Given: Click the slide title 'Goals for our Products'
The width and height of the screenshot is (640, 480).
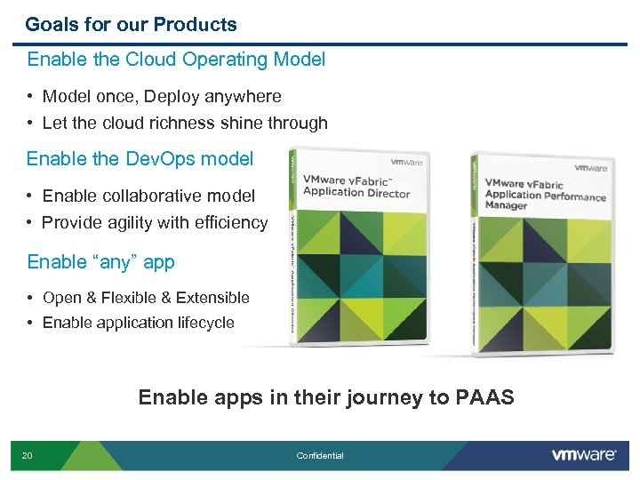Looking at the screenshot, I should (x=131, y=24).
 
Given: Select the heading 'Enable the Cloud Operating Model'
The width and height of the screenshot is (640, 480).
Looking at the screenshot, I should (x=176, y=60).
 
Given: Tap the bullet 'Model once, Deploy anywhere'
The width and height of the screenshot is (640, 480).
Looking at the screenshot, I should (x=162, y=96).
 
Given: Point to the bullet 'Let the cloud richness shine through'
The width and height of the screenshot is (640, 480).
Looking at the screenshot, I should (x=185, y=123).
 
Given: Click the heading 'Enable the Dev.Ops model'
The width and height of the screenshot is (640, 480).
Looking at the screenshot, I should (x=140, y=159).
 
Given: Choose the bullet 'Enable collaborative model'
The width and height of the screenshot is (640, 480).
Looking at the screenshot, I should (x=148, y=196).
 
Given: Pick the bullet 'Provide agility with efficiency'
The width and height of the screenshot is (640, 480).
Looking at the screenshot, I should (x=155, y=222).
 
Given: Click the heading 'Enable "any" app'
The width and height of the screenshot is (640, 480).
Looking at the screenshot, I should (x=100, y=262).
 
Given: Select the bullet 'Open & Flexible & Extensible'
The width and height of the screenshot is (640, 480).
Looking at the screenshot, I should (x=146, y=298).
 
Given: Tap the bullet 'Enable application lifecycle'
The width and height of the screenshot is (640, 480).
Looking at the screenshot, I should (x=138, y=323).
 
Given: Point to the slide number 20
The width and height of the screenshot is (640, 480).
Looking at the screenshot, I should (x=28, y=456).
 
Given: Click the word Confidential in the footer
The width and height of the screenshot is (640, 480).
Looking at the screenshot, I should (x=320, y=456).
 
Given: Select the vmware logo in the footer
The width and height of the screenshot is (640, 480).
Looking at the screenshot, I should (x=583, y=455).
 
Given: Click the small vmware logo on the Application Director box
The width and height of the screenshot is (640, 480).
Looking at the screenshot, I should (x=407, y=163).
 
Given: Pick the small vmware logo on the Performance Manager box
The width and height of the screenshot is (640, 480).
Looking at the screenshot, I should (x=590, y=167).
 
